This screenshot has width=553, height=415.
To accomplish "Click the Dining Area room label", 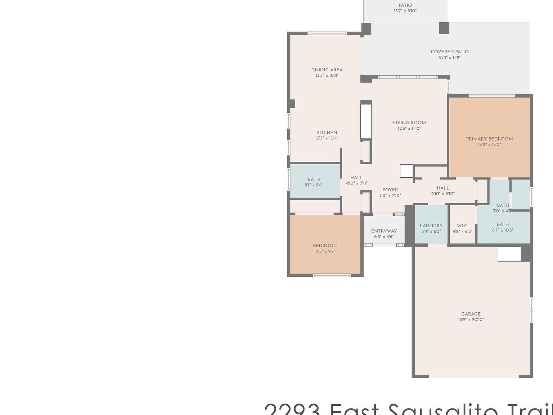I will [x=327, y=70].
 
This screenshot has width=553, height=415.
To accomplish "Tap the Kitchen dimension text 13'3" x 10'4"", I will [x=327, y=138].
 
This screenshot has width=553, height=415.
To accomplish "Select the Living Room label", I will [x=409, y=123].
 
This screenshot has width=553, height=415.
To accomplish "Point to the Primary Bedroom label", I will [x=489, y=139].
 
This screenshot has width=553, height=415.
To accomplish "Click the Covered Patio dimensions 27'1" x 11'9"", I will [x=450, y=58].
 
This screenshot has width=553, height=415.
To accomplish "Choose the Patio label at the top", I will [x=405, y=5].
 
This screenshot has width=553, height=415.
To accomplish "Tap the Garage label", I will [x=471, y=314].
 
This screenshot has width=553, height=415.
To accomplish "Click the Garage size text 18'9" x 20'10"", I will [x=471, y=320].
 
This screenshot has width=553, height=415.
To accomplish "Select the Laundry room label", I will [x=431, y=226].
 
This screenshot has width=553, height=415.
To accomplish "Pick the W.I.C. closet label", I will [x=462, y=226].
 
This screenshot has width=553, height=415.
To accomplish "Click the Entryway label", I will [x=384, y=231].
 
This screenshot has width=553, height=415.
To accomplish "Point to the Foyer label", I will [x=390, y=190].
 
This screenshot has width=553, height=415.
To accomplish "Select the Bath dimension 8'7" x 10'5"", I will [x=503, y=230].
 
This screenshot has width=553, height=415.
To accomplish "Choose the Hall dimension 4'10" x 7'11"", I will [x=356, y=183].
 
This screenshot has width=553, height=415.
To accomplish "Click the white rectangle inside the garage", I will [x=509, y=254].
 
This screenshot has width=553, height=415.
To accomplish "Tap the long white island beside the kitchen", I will [x=366, y=121].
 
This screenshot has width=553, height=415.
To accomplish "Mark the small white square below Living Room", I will [x=406, y=171].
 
